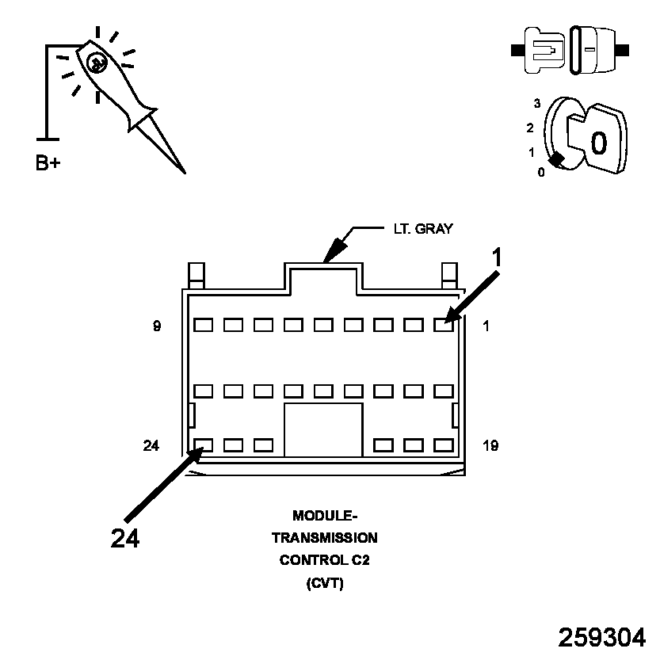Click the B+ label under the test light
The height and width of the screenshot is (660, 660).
(48, 164)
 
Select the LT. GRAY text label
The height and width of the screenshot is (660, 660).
(423, 229)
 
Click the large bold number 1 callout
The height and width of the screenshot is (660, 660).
(497, 258)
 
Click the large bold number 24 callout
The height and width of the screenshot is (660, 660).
(125, 538)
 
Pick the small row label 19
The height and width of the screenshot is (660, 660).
(490, 446)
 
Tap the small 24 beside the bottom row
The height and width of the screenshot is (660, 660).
(152, 446)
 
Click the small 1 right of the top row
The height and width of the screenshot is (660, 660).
(486, 325)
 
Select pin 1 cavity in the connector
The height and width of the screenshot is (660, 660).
(444, 325)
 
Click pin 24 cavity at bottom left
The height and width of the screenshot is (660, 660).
(204, 445)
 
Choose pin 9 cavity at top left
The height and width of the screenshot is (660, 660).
(204, 325)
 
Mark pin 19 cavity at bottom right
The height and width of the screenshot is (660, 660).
(444, 445)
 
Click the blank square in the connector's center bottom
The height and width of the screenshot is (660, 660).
(323, 429)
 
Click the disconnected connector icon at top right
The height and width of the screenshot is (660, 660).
(570, 50)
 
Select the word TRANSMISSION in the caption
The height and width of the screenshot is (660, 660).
(325, 538)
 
